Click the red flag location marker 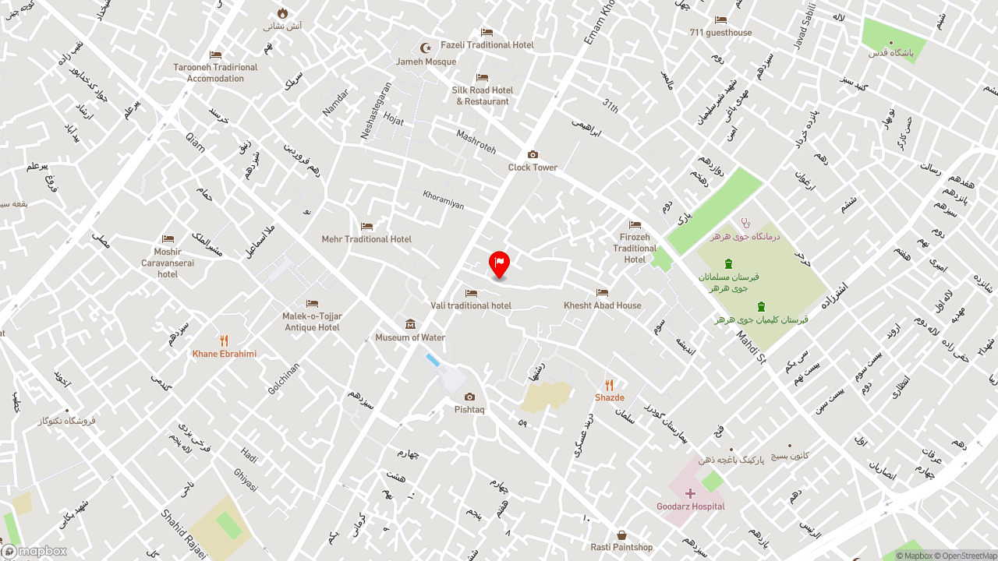499,263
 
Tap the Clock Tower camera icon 533,154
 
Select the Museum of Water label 410,337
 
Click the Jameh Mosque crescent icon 426,48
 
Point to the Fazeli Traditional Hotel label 487,44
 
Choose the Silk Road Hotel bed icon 482,78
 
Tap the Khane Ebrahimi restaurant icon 224,340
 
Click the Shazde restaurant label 610,397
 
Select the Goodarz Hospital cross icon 690,493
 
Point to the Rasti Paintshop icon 621,535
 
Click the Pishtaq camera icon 469,397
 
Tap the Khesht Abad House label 603,305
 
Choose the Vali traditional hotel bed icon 471,293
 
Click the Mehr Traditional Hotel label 366,239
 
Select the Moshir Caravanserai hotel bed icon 168,238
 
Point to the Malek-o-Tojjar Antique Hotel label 312,322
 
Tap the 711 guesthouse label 720,33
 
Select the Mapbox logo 34,551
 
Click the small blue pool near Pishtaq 432,359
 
